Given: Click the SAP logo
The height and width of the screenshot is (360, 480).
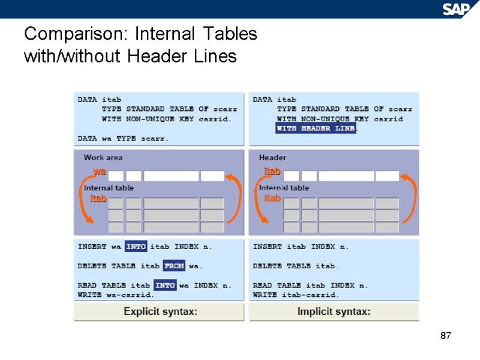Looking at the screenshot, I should point(457,8).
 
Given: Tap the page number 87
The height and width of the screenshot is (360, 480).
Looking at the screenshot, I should point(445,335).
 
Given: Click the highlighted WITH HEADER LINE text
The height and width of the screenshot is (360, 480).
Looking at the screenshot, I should point(316,128).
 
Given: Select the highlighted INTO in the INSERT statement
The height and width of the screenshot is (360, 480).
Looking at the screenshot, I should point(136,246).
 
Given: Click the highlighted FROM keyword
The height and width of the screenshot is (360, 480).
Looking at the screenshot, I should point(174,265).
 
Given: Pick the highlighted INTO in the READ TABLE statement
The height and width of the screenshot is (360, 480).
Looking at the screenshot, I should point(164,285).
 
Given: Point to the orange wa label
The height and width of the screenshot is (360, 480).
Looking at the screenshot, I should point(100,172).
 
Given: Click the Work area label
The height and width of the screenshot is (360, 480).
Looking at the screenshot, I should point(103,158).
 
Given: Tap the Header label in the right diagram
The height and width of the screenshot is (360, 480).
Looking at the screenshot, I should point(272,158).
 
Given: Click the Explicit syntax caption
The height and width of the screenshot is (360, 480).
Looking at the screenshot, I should point(160,311).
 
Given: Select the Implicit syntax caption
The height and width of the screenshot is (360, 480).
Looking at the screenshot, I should point(334,311).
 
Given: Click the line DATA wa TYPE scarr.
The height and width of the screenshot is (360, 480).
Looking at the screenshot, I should point(123,138).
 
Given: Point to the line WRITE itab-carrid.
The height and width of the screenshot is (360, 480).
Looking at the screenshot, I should point(296,295).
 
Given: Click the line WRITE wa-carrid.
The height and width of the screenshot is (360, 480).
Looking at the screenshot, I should point(116,295).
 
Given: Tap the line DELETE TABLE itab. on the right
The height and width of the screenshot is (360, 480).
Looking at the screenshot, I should point(296,265).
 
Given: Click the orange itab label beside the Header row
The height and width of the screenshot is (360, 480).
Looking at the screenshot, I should point(272,172).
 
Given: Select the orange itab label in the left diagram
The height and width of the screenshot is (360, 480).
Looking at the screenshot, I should point(98,199).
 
